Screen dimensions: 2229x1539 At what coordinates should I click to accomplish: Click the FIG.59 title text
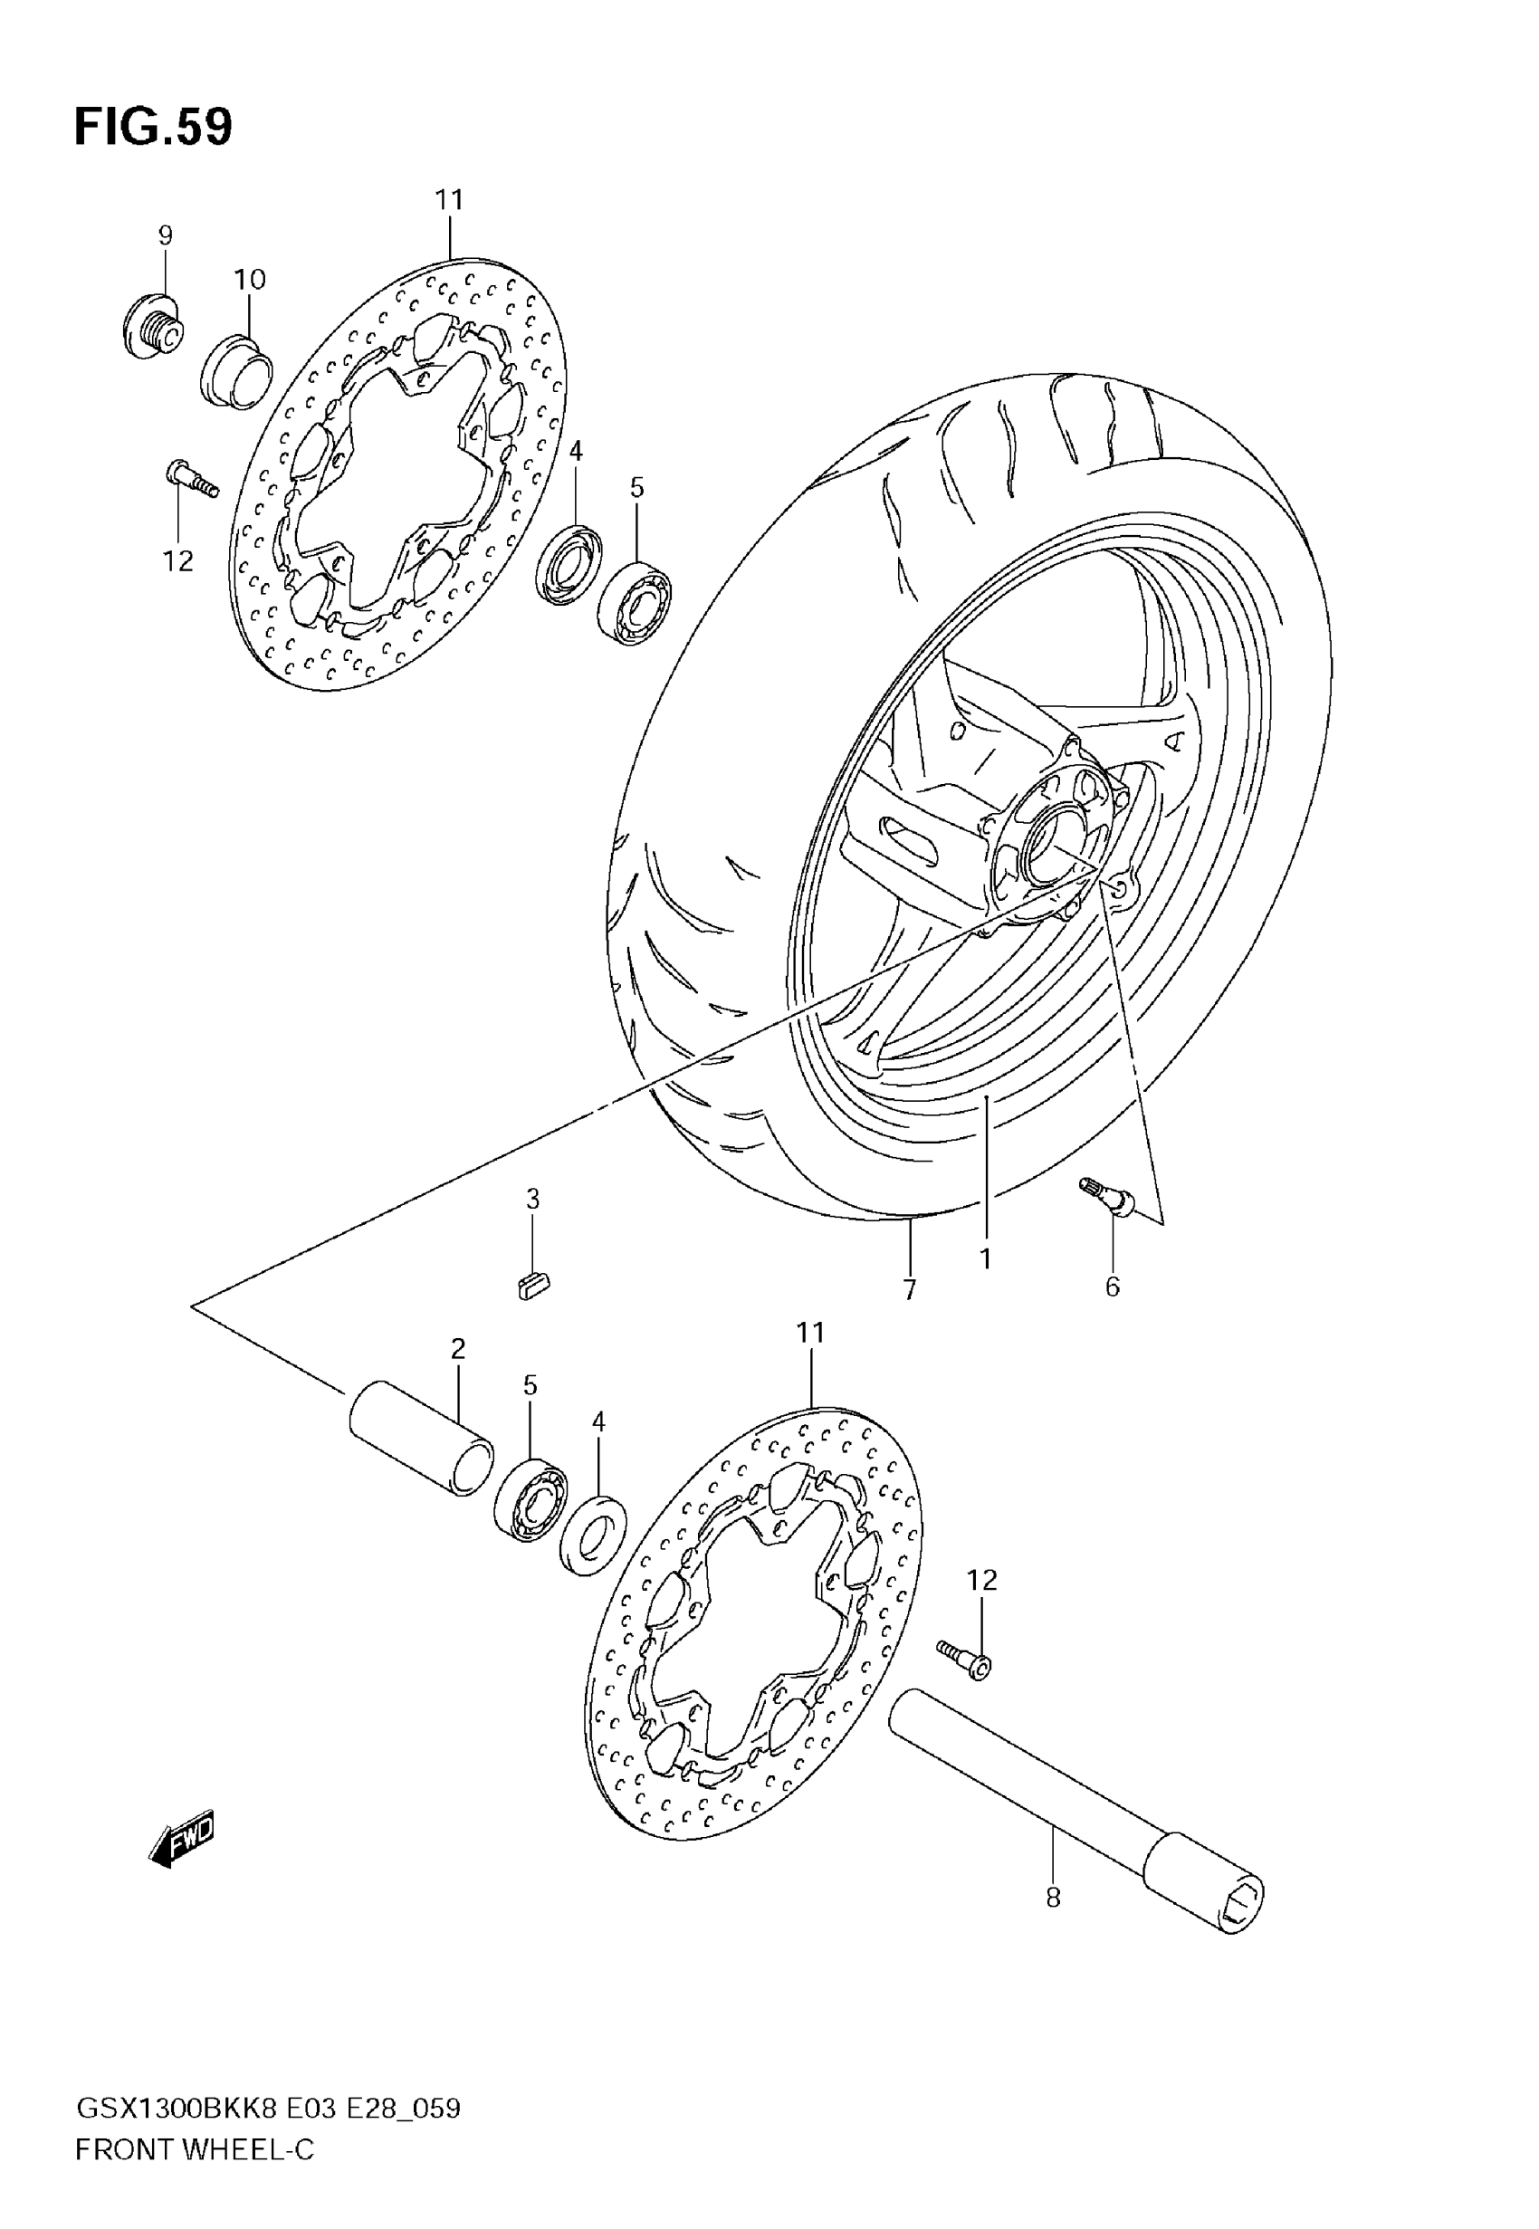click(x=153, y=128)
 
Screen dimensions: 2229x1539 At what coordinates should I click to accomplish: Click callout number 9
click(x=165, y=235)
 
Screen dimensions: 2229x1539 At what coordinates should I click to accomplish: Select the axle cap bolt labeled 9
click(x=151, y=328)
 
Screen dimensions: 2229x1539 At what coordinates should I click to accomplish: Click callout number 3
click(x=532, y=1200)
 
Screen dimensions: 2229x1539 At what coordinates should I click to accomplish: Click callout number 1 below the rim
click(x=986, y=1259)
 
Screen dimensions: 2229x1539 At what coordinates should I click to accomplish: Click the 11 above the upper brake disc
click(x=449, y=200)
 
